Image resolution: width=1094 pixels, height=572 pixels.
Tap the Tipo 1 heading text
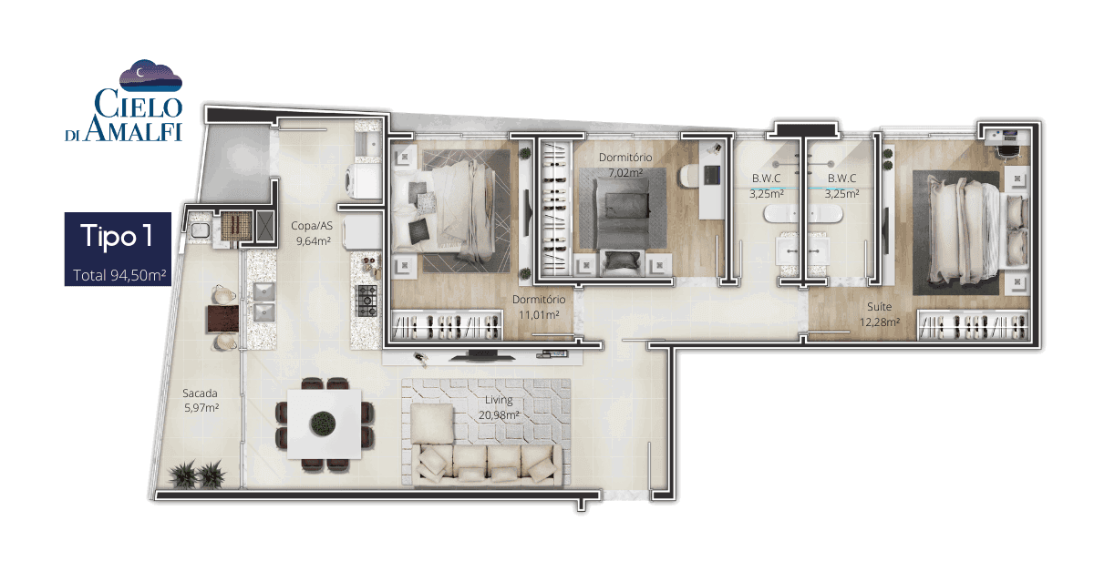click(x=117, y=236)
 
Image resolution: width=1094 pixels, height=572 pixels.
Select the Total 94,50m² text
click(x=119, y=275)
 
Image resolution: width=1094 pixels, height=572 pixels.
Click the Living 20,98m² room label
click(x=499, y=407)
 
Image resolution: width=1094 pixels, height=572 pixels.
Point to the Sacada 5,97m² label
click(x=201, y=400)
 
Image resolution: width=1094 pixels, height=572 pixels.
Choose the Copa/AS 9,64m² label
click(x=313, y=233)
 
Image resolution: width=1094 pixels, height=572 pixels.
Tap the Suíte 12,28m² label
click(x=879, y=314)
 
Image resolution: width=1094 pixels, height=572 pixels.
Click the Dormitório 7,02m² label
click(x=625, y=165)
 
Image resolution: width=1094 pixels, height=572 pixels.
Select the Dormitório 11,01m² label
click(x=539, y=307)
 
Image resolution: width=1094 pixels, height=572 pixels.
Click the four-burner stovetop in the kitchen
click(x=367, y=301)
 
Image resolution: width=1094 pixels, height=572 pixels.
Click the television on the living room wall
click(x=482, y=356)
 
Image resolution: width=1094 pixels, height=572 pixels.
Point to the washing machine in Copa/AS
click(x=364, y=181)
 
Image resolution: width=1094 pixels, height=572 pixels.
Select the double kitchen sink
click(x=263, y=302)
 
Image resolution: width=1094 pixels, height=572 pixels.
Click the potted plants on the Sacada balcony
click(x=197, y=474)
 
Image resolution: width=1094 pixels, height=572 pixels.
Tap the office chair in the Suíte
click(x=1008, y=150)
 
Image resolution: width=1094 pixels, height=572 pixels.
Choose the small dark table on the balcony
click(x=222, y=318)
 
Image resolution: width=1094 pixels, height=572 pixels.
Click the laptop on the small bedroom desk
click(x=711, y=175)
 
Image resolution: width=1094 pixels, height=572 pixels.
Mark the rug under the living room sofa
click(x=486, y=432)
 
